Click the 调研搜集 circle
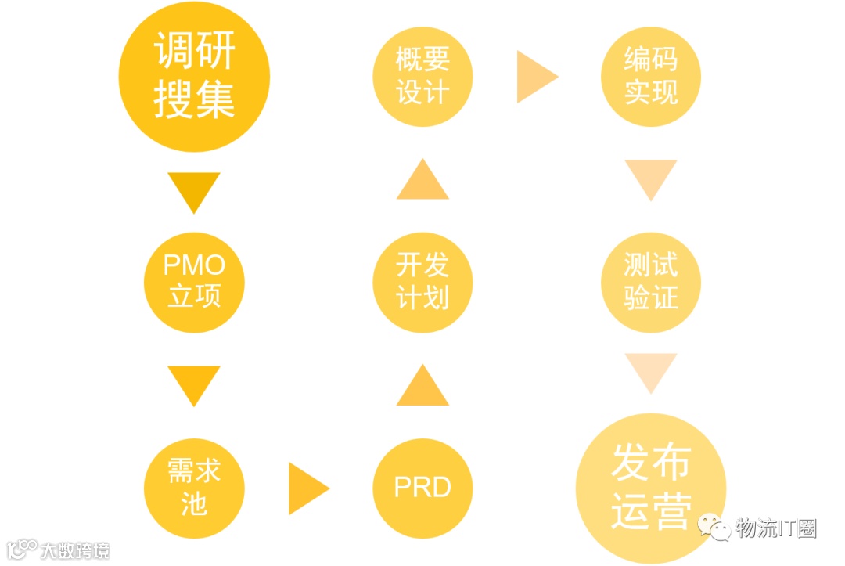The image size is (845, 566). point(194,77)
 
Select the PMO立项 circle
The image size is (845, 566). point(194,281)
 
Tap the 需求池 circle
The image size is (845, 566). point(194,487)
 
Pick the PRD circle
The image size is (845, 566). point(422,487)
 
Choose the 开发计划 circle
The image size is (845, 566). point(422,281)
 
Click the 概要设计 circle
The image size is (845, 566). point(422,77)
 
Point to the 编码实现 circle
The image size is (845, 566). point(650,77)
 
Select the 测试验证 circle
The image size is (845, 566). point(650,281)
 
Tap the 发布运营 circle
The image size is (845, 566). point(650,487)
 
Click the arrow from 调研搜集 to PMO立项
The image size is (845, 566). point(194,190)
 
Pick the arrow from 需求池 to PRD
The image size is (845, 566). point(307,488)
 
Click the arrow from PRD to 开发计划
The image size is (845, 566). point(422,387)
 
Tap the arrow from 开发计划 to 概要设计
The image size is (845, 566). point(422,181)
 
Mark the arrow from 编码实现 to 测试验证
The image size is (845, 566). point(650,178)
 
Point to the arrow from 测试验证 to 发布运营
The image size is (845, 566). point(650,371)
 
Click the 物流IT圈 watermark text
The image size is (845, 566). point(775,529)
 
